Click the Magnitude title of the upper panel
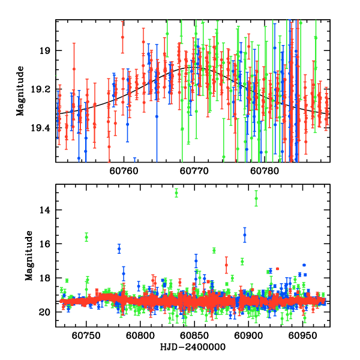(21, 91)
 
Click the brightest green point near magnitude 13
(176, 193)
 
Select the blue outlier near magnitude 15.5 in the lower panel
(245, 236)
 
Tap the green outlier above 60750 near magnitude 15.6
(86, 238)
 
